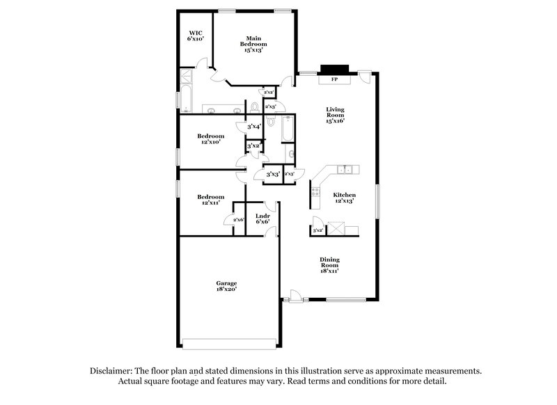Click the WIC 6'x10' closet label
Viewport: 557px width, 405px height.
[195, 36]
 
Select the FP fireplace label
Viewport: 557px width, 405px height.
[334, 79]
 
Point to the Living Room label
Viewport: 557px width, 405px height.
[336, 115]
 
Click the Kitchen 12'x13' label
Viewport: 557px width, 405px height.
[344, 198]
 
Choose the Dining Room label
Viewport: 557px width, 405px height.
[329, 265]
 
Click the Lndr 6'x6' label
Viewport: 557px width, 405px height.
[262, 219]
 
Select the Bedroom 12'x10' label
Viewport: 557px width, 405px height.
[210, 138]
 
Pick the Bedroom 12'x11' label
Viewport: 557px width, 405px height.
[213, 199]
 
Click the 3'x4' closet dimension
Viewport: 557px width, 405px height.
[253, 127]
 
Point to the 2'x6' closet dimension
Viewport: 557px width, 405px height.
[238, 220]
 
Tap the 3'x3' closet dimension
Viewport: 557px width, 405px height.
[273, 174]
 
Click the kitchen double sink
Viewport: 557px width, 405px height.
[346, 170]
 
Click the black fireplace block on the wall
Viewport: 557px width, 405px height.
[329, 70]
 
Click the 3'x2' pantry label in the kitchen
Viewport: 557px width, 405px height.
[317, 230]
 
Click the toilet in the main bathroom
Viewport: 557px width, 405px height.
[254, 107]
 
